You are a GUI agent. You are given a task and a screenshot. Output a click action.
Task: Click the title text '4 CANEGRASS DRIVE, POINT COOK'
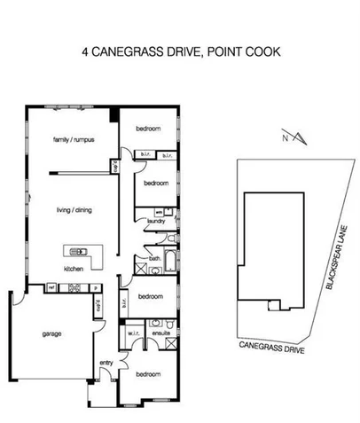[x=180, y=51]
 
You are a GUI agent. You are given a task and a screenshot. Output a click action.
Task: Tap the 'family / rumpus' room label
[x=74, y=140]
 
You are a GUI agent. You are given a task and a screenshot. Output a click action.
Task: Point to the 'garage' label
[x=51, y=334]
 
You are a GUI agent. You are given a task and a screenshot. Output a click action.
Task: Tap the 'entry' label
[x=106, y=362]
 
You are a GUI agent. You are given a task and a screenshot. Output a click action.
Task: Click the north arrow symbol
[x=300, y=137]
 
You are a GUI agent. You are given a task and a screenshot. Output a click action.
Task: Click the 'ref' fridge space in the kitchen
[x=52, y=287]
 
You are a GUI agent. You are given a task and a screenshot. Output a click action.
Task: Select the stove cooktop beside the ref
[x=74, y=287]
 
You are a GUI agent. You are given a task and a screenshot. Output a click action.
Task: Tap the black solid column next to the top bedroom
[x=113, y=114]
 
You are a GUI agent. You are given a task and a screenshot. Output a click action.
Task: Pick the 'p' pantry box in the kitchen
[x=95, y=287]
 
